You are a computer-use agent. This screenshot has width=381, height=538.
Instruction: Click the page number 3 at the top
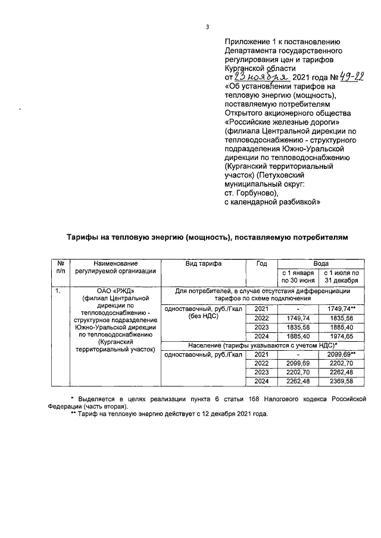coord(207,26)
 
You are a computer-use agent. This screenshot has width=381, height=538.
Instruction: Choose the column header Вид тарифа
coord(204,263)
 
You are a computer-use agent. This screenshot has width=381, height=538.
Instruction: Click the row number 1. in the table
coord(57,292)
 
